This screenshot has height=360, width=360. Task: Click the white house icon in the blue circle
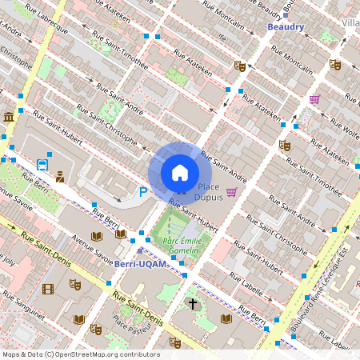[180, 172]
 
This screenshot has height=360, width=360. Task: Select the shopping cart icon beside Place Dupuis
[232, 192]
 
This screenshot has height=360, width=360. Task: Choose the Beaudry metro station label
[286, 26]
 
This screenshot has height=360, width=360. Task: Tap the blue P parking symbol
[143, 191]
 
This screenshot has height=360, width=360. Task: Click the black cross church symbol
[192, 304]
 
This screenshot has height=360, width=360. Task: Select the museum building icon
[9, 118]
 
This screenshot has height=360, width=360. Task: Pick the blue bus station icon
[41, 166]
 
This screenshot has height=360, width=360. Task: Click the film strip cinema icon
[48, 289]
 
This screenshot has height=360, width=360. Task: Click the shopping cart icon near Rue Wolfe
[314, 99]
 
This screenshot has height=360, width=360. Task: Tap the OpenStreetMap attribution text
[81, 354]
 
